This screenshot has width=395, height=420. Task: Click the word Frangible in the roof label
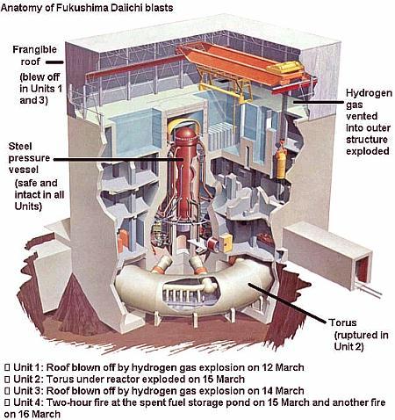34,49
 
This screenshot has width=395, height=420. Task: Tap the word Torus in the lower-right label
342,322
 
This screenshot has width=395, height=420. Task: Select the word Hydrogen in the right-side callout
369,93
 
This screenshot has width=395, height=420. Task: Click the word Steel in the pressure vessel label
20,146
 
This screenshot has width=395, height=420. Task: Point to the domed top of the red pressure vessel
185,134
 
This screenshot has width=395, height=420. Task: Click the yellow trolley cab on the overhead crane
286,69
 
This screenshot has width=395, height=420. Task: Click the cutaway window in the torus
190,291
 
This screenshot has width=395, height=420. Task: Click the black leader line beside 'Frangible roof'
54,62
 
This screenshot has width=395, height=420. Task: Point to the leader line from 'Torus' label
288,304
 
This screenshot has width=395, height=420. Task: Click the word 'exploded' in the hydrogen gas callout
368,151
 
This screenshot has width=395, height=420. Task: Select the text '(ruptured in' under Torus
362,335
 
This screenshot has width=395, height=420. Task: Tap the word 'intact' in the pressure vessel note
27,195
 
